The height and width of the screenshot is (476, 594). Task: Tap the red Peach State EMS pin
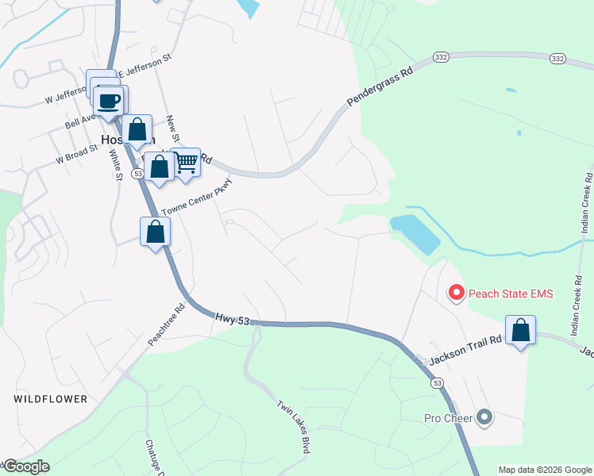[x=457, y=294]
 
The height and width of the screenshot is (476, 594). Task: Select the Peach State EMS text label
[x=510, y=294]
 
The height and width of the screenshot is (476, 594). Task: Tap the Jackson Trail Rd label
[x=466, y=350]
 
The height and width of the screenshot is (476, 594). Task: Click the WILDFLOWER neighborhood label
[x=50, y=399]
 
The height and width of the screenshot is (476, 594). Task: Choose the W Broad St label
[x=76, y=154]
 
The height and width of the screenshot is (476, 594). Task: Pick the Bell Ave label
[x=80, y=120]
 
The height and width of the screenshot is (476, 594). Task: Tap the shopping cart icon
[x=185, y=163]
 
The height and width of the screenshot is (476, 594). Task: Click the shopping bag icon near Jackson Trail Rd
[x=520, y=330]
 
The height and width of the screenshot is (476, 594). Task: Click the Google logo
[x=25, y=466]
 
